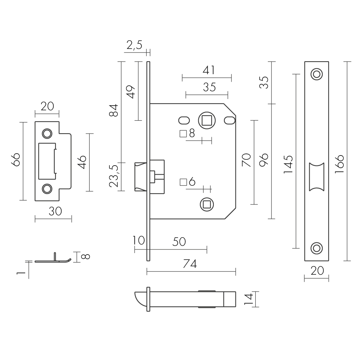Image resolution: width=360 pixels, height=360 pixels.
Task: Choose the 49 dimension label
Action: pyautogui.click(x=130, y=92)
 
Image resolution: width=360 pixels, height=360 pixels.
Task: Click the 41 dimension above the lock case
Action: pyautogui.click(x=208, y=70)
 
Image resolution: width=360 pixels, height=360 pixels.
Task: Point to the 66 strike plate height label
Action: pyautogui.click(x=15, y=160)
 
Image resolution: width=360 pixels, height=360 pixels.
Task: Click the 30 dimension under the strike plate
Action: pyautogui.click(x=55, y=212)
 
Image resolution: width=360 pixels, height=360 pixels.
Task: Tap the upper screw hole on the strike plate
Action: pyautogui.click(x=46, y=133)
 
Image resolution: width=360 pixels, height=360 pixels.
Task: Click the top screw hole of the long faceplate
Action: pyautogui.click(x=317, y=74)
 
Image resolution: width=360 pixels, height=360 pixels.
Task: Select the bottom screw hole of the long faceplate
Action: pyautogui.click(x=317, y=248)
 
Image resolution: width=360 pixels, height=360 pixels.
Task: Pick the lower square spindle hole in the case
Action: pyautogui.click(x=206, y=204)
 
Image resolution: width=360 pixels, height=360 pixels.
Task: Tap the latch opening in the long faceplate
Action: pyautogui.click(x=317, y=176)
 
